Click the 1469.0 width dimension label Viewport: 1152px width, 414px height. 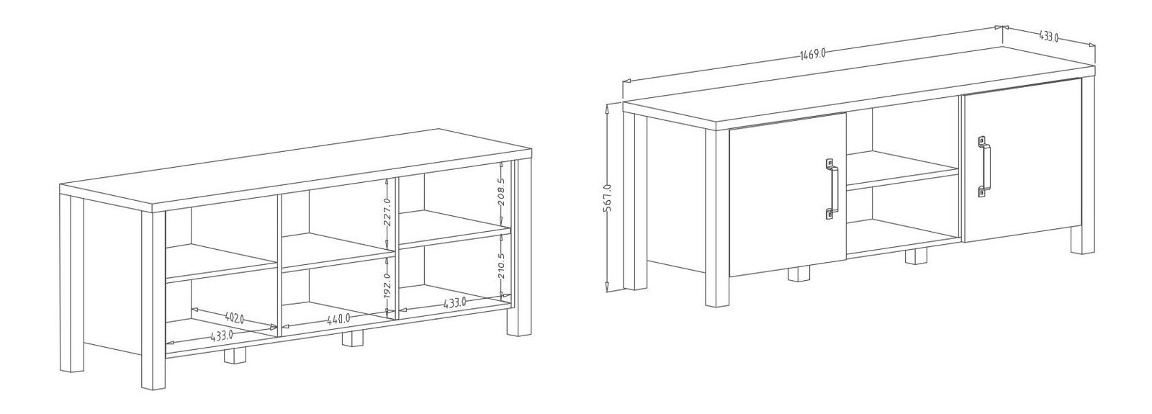point(813,55)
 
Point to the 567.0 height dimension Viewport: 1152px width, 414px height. point(607,197)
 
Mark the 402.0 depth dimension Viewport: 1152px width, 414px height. point(235,318)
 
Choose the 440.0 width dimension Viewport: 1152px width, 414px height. point(339,319)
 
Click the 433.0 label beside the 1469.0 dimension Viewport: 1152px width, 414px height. point(1048,37)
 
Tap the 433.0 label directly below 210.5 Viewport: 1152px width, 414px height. point(454,303)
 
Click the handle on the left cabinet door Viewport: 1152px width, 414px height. point(832,189)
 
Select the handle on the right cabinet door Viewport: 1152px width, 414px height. point(984,166)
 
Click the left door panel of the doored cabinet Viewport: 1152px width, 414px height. point(788,194)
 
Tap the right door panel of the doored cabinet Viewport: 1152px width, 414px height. point(1022,161)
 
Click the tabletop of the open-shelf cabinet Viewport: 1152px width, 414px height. point(296,170)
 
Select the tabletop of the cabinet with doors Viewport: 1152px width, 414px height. point(859,87)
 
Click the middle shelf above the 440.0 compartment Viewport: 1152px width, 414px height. point(338,252)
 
